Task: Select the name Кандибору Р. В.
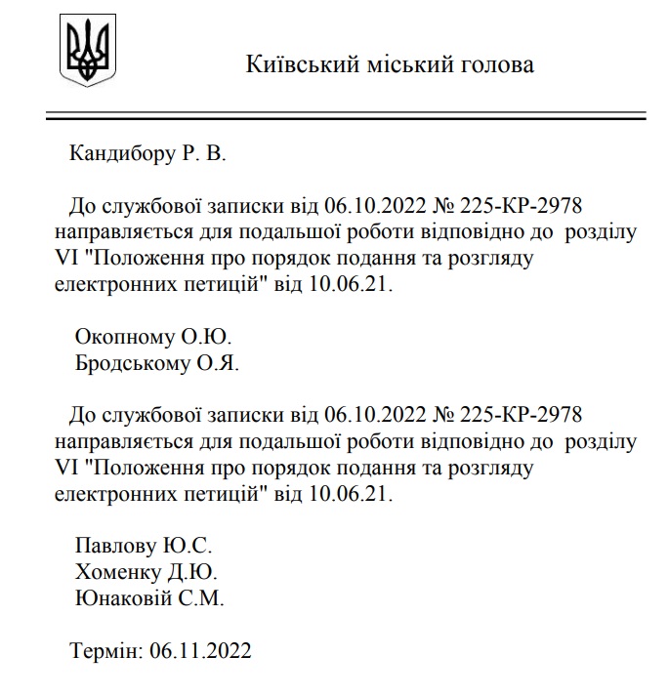(x=147, y=154)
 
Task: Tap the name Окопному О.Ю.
(x=153, y=338)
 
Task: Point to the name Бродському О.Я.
(x=157, y=363)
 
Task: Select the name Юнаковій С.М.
(x=150, y=598)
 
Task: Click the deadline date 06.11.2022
(x=201, y=650)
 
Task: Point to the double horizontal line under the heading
(x=346, y=117)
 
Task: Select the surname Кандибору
(x=122, y=154)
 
